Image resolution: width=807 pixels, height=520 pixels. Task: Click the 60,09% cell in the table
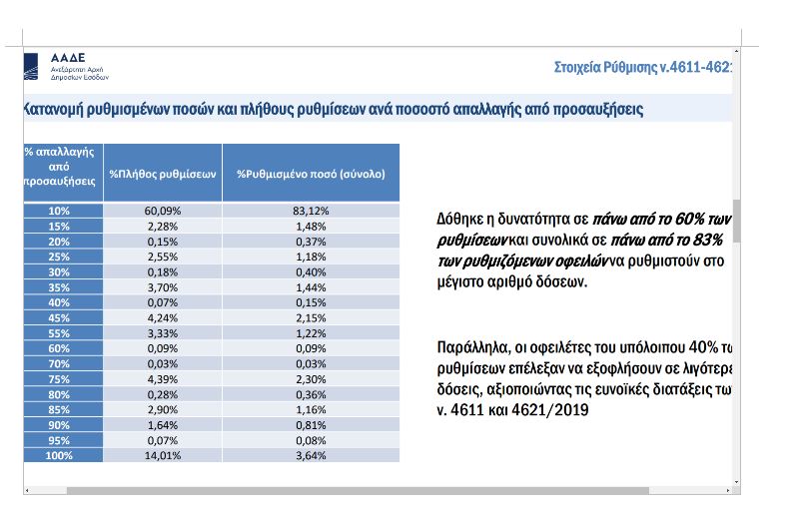click(x=163, y=211)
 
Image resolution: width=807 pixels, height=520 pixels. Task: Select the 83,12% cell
click(x=311, y=211)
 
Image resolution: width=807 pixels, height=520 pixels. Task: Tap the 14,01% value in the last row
click(x=163, y=456)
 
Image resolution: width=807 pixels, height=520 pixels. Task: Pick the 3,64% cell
click(x=311, y=456)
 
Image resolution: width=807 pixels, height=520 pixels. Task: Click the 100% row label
click(x=61, y=456)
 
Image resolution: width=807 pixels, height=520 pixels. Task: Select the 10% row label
click(x=61, y=211)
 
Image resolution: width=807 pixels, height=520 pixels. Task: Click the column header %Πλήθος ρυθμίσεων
click(x=163, y=173)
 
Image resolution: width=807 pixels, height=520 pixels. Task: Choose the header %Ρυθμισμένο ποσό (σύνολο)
click(x=311, y=173)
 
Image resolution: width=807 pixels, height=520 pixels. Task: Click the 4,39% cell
click(x=163, y=379)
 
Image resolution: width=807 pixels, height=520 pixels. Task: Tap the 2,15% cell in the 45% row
click(x=311, y=318)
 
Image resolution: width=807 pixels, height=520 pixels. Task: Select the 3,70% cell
click(x=163, y=286)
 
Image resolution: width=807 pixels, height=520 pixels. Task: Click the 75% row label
click(x=61, y=379)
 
